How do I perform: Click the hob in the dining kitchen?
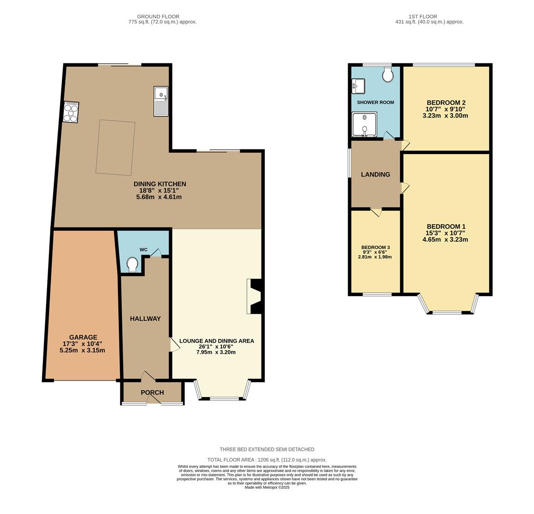tap(71, 112)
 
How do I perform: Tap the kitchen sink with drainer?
tap(161, 101)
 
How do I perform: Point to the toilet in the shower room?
tap(388, 75)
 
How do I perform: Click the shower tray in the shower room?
tap(364, 124)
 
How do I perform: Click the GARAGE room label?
tap(83, 337)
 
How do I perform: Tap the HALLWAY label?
tap(146, 319)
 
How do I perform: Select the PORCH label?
tap(152, 393)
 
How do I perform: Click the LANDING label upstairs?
tap(375, 175)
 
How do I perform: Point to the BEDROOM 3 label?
tap(375, 247)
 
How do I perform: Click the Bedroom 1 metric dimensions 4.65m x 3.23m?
tap(445, 240)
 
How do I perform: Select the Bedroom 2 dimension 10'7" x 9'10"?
tap(446, 109)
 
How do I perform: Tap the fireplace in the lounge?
tap(254, 297)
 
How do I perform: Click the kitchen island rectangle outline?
tap(116, 148)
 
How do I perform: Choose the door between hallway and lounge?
tap(175, 345)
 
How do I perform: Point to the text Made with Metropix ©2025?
tap(267, 487)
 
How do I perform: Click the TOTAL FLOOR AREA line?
tap(267, 460)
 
